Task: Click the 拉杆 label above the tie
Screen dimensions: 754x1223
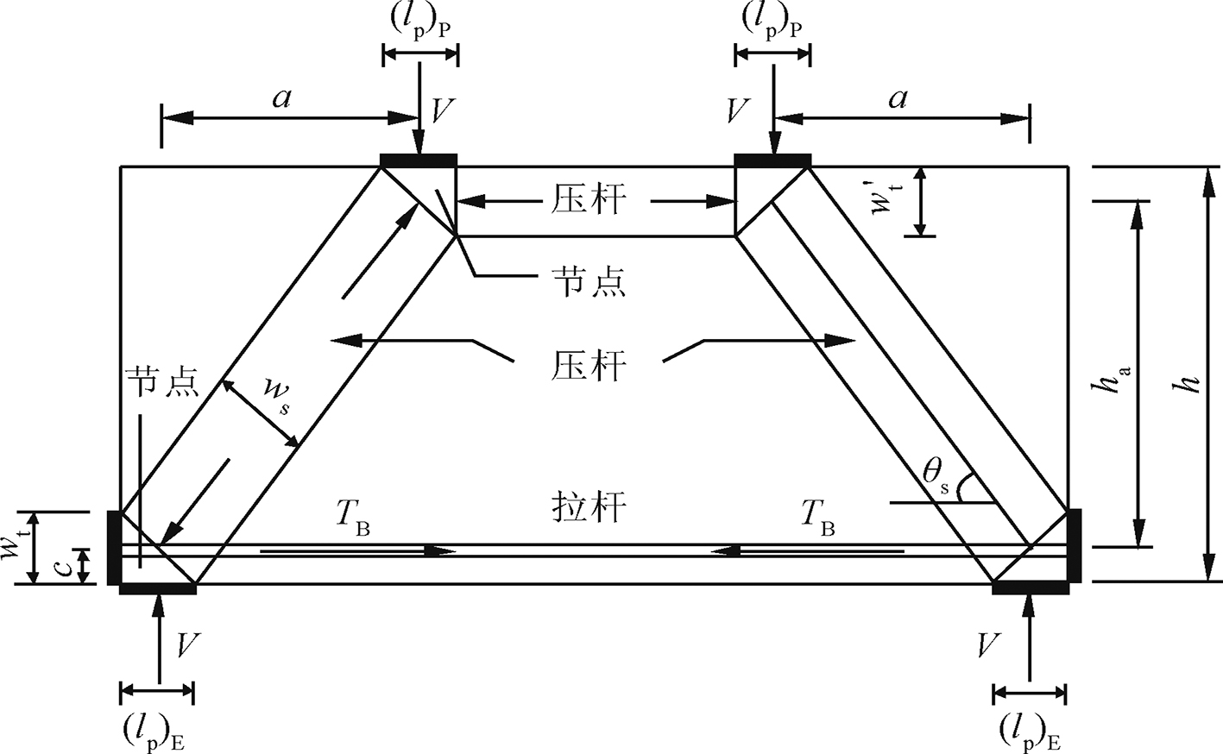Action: point(588,507)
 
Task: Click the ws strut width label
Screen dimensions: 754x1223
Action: point(279,398)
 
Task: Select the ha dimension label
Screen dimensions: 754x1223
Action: point(1110,378)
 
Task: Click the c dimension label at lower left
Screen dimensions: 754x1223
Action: point(61,566)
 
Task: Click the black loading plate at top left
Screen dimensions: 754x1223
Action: point(419,159)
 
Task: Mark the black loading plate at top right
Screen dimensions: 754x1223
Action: point(772,159)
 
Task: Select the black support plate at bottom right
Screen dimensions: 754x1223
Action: point(1031,588)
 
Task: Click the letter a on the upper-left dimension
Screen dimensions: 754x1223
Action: point(281,97)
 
